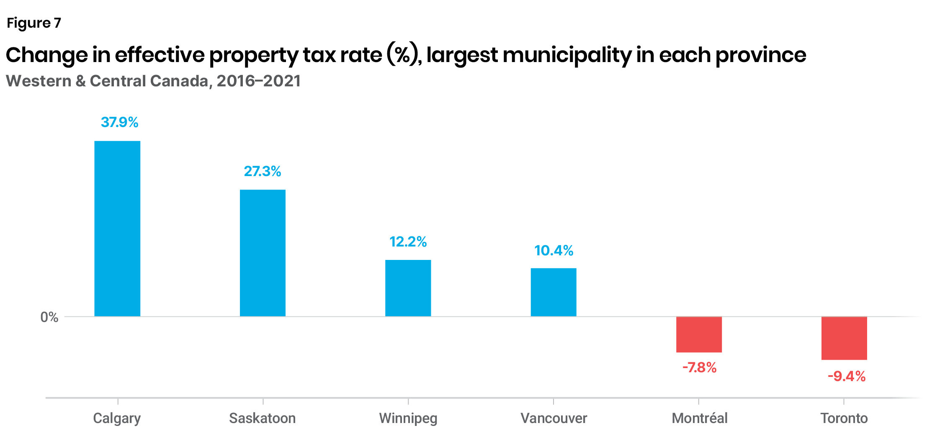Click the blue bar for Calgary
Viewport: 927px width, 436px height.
(x=117, y=228)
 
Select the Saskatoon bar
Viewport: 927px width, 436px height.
(x=263, y=253)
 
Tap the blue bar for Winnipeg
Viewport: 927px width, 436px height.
(x=408, y=288)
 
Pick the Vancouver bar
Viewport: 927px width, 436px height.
(x=554, y=292)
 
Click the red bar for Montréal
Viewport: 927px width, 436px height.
(x=699, y=335)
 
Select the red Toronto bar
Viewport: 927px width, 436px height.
(x=844, y=338)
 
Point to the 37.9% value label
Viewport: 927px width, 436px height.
(x=119, y=122)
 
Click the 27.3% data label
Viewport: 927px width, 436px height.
(x=263, y=171)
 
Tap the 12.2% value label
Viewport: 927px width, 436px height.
(x=408, y=241)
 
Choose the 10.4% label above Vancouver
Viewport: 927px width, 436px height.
(x=554, y=250)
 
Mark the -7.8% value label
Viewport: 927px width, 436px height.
(x=699, y=368)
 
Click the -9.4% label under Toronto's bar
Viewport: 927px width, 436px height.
(x=846, y=376)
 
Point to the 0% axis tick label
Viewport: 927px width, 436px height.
(x=49, y=317)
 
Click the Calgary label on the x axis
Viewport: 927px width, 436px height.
(x=117, y=418)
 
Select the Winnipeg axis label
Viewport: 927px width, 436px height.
(x=408, y=418)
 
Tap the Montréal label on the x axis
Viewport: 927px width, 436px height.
(x=699, y=418)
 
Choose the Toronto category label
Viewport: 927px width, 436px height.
(x=844, y=418)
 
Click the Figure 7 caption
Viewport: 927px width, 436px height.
(x=34, y=23)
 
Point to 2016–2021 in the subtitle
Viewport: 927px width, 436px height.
(x=258, y=81)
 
